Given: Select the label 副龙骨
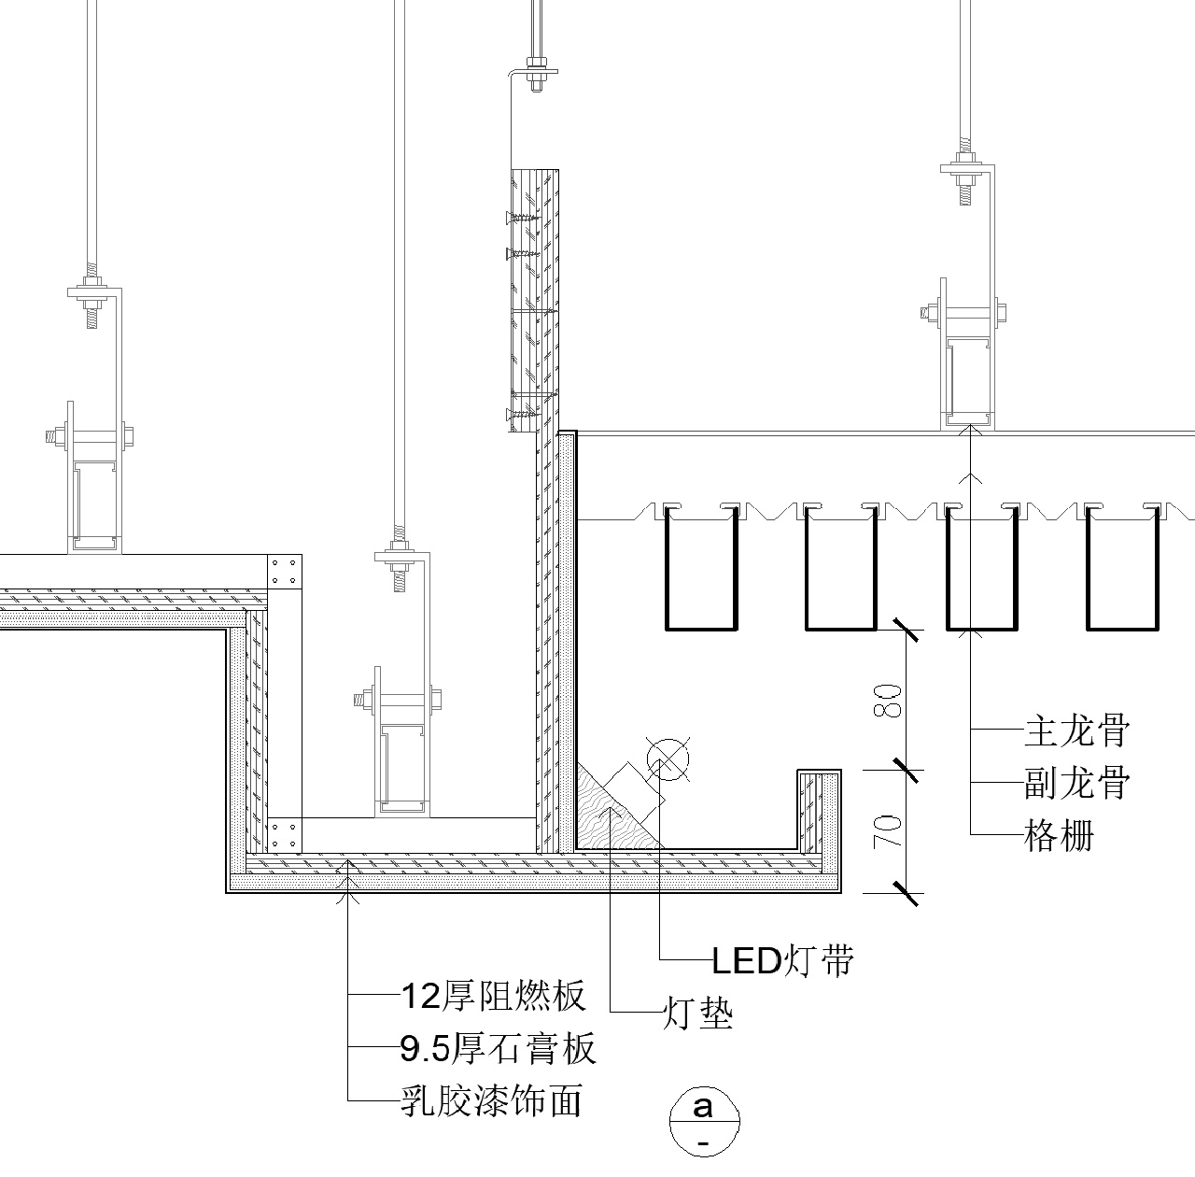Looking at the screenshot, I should (x=1076, y=782).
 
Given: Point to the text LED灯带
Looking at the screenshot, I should (x=782, y=959).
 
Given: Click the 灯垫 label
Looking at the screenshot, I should (x=697, y=1013).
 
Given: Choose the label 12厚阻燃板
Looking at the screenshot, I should (x=492, y=997).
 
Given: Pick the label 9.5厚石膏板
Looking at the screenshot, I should (x=497, y=1049).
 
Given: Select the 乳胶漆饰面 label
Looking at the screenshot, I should (x=491, y=1101).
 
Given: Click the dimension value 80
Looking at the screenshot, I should (x=891, y=700).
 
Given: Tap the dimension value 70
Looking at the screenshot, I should (x=891, y=830).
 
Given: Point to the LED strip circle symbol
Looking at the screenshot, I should (x=667, y=759).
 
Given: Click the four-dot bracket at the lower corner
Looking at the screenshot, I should (x=284, y=833).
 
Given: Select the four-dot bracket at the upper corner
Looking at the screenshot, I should (x=285, y=571).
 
